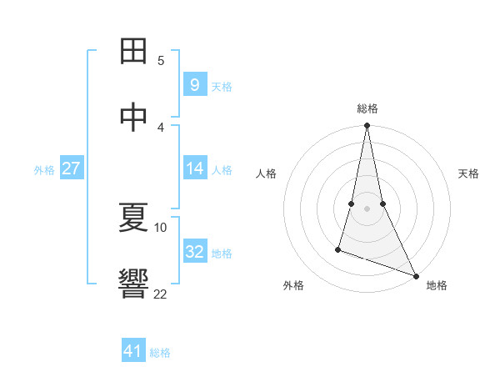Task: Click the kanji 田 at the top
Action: click(134, 52)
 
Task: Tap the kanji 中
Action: click(134, 117)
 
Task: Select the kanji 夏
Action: click(134, 219)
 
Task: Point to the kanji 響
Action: click(134, 284)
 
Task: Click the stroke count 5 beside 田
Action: click(161, 60)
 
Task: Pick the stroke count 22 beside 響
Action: click(161, 294)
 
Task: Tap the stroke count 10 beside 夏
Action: click(161, 227)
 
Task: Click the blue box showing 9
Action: click(194, 84)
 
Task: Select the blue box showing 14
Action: click(194, 168)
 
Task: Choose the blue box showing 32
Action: click(194, 252)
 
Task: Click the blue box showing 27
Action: click(71, 168)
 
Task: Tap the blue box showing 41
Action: click(133, 351)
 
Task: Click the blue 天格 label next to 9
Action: click(222, 86)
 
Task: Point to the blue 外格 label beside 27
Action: click(44, 170)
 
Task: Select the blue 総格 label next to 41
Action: click(160, 353)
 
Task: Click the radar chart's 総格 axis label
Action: click(367, 108)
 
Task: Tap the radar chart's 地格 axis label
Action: click(437, 285)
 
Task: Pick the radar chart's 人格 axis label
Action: click(266, 173)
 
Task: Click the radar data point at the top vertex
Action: click(367, 126)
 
